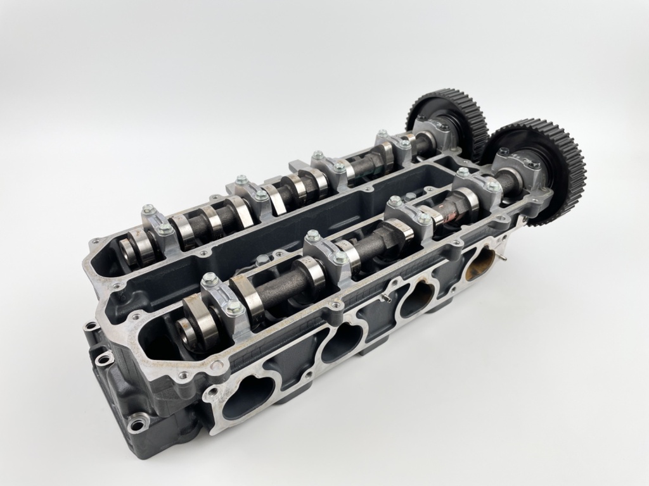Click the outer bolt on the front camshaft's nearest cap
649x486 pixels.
click(x=234, y=308)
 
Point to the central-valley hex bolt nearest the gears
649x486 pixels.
click(x=411, y=197)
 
